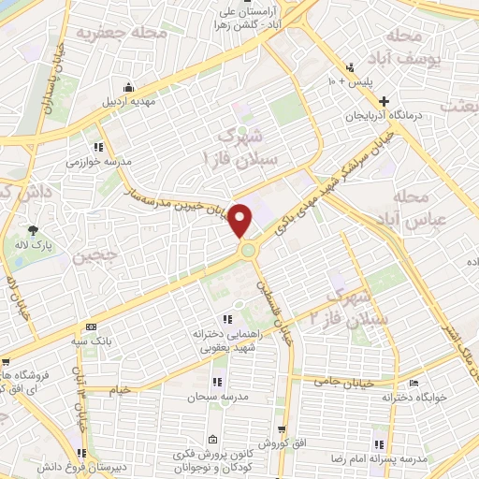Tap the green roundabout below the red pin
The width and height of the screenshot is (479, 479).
click(248, 250)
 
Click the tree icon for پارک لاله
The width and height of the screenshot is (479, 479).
click(34, 229)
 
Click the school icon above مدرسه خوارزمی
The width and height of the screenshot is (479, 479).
click(97, 147)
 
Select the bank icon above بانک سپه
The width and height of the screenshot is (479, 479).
click(90, 327)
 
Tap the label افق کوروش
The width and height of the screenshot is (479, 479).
click(278, 442)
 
